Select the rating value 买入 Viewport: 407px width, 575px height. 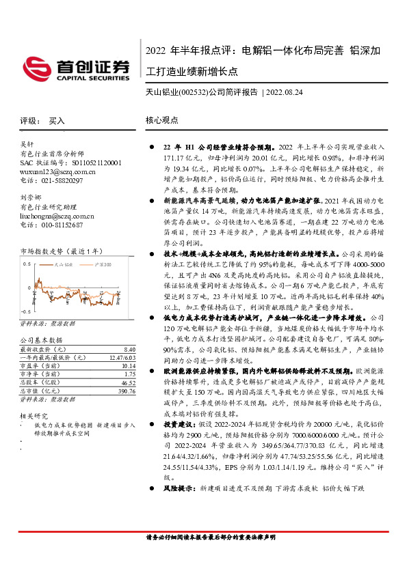pyautogui.click(x=57, y=120)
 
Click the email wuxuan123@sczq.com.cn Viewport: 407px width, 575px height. pyautogui.click(x=48, y=172)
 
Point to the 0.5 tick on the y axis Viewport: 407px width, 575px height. pyautogui.click(x=27, y=262)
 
